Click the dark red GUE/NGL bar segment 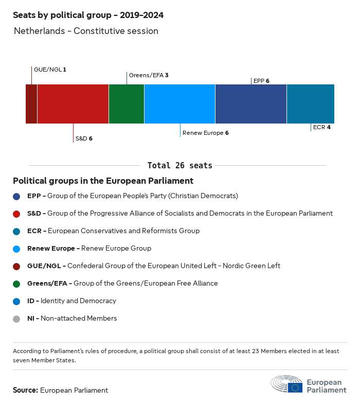click(31, 104)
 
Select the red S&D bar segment click(73, 104)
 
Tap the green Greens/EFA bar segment click(127, 104)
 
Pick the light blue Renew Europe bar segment click(179, 104)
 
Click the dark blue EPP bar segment click(251, 104)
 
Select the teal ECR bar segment click(311, 104)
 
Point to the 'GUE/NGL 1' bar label click(50, 69)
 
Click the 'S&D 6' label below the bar click(84, 138)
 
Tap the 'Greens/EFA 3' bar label click(149, 75)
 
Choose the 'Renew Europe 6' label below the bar click(205, 133)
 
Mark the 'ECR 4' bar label click(321, 127)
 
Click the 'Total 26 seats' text click(180, 165)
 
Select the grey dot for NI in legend click(16, 319)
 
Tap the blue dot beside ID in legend click(16, 301)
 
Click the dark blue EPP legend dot click(16, 196)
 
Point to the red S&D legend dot click(16, 214)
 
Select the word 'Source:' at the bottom click(25, 390)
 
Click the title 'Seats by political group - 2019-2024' click(88, 15)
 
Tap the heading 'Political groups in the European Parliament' click(103, 181)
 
